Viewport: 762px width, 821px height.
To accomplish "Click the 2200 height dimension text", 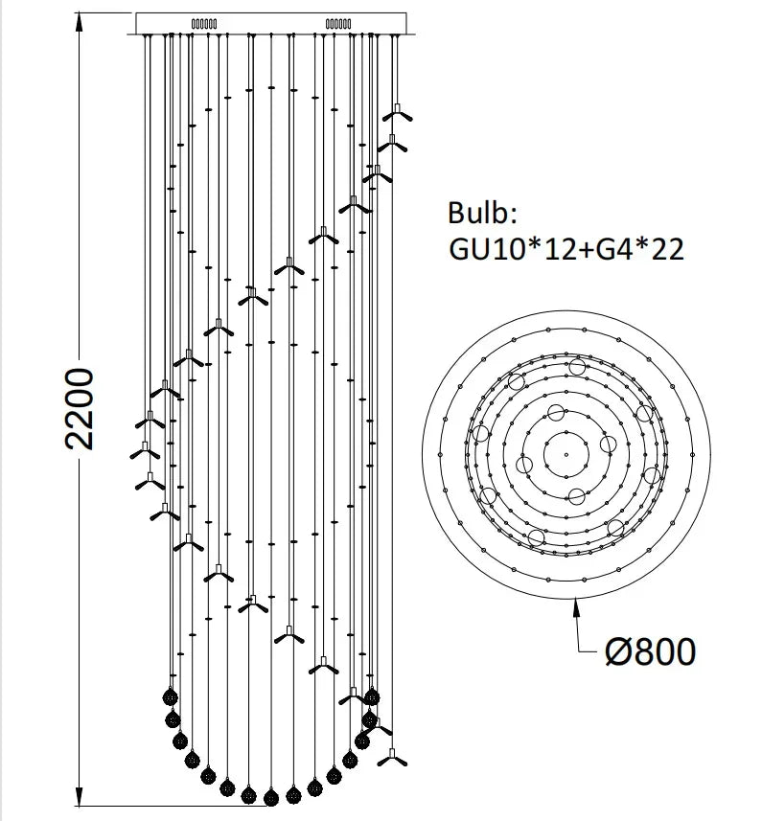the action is pos(81,409).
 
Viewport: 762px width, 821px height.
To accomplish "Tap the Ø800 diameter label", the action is pos(651,651).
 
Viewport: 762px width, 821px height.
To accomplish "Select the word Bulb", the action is pos(482,213).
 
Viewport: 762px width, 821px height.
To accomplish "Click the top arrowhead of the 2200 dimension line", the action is pos(80,22).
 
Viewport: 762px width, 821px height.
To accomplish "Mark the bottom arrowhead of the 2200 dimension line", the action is pos(80,796).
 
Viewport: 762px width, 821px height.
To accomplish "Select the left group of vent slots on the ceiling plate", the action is pos(204,24).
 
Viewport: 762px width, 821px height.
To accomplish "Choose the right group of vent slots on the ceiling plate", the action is pos(338,24).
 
